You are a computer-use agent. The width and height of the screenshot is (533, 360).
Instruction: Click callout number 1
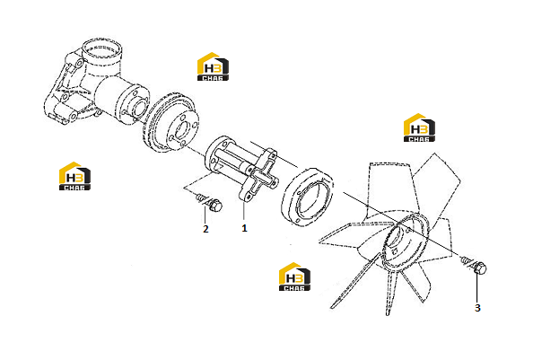tap(244, 228)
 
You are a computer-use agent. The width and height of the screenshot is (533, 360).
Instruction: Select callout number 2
tap(205, 229)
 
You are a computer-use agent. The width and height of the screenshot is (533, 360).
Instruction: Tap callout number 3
tap(477, 308)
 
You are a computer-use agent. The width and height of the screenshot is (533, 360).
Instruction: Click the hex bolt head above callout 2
tap(214, 205)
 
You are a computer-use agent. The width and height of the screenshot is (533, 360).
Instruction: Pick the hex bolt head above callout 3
tap(479, 268)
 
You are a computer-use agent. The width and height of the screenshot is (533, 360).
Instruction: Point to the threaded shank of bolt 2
tap(201, 198)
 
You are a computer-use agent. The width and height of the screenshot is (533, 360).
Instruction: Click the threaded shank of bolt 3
tap(467, 261)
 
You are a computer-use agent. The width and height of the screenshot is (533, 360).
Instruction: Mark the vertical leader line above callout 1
tap(244, 211)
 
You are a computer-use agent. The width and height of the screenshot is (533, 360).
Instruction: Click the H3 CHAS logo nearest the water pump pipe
tap(213, 66)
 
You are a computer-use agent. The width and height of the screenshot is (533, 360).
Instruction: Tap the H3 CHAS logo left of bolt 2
tap(74, 176)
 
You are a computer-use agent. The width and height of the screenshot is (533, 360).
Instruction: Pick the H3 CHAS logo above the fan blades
tap(419, 127)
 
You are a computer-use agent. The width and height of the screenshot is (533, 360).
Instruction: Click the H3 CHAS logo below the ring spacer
tap(294, 277)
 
